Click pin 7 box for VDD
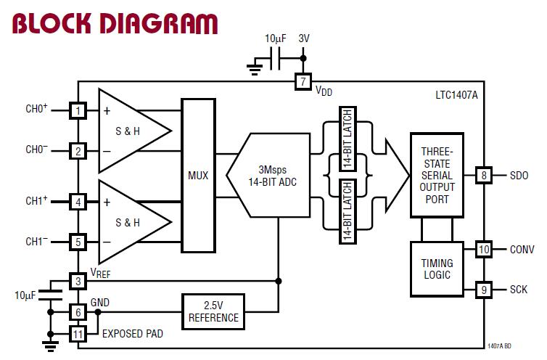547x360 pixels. click(x=303, y=82)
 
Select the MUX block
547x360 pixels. click(x=198, y=176)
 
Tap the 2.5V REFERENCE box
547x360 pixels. click(x=213, y=311)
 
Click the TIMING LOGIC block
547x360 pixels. click(x=437, y=269)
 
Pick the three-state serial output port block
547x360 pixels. click(x=437, y=175)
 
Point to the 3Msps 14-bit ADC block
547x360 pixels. click(x=268, y=176)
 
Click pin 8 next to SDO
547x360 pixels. click(x=483, y=175)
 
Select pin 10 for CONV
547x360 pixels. click(x=483, y=249)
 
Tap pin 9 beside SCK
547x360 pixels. click(x=483, y=290)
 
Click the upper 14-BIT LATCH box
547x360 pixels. click(x=347, y=139)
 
